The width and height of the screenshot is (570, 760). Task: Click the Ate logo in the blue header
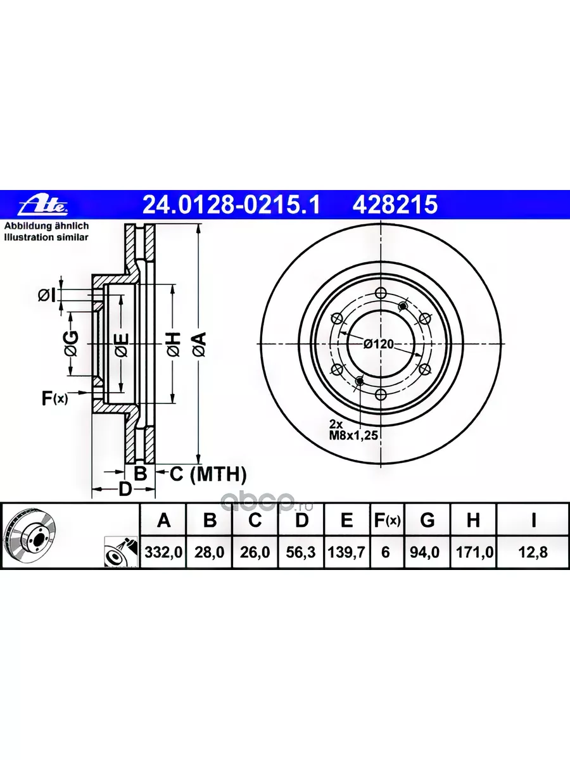click(44, 206)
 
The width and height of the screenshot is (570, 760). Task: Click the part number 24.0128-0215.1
click(231, 205)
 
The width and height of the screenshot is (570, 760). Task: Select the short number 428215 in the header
click(395, 205)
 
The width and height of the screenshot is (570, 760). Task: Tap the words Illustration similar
click(46, 237)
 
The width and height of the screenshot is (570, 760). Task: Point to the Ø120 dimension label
click(379, 344)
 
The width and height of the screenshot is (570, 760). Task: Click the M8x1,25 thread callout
click(353, 435)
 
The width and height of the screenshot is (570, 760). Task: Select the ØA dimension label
click(200, 344)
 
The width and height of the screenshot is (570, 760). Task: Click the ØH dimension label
click(174, 344)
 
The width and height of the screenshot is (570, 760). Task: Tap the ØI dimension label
click(47, 295)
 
